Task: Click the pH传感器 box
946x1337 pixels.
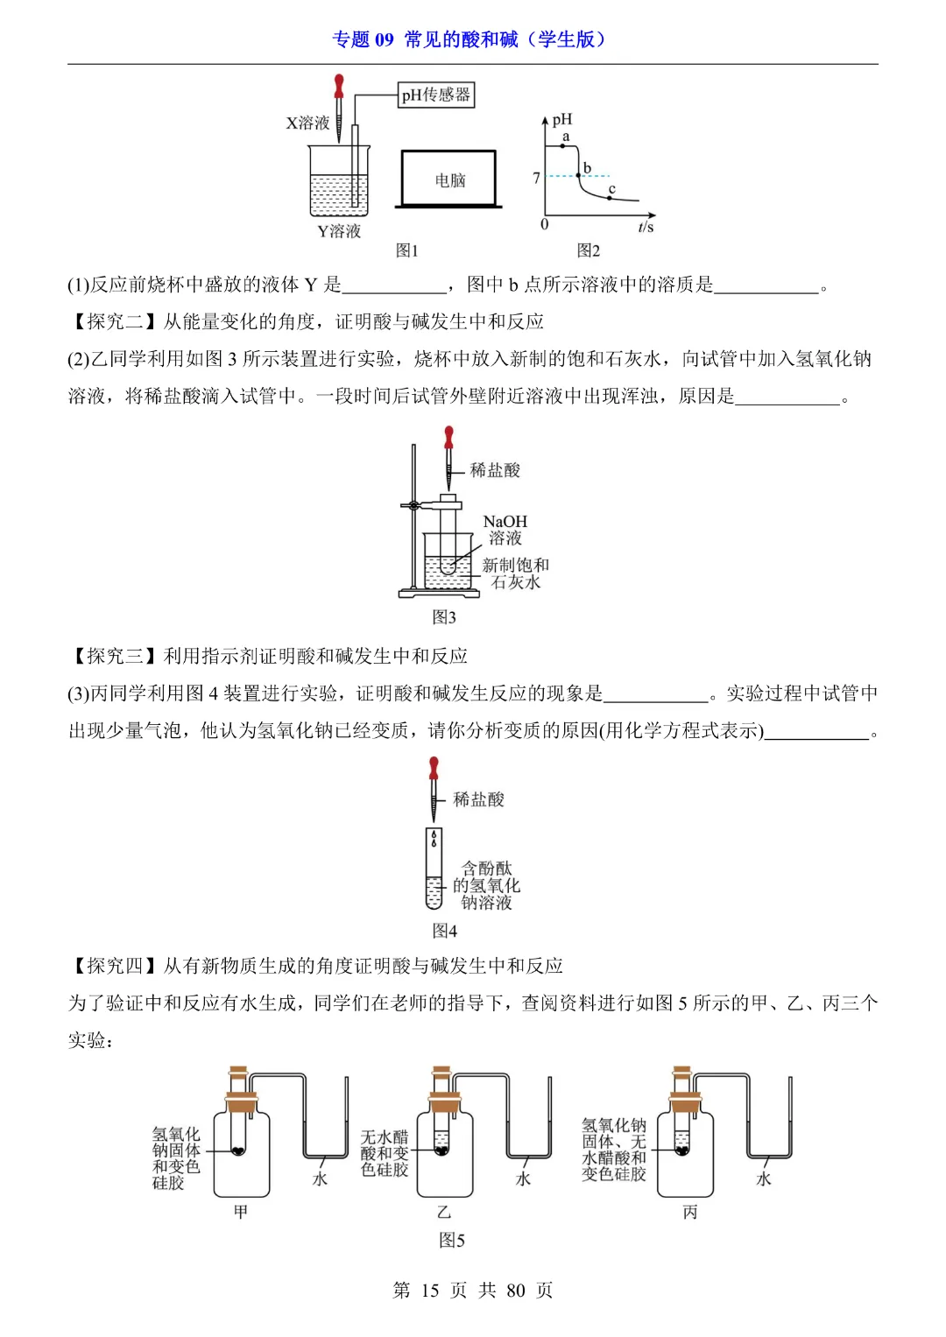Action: coord(435,95)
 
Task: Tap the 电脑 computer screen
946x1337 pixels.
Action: coord(449,179)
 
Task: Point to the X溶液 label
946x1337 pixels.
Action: coord(307,123)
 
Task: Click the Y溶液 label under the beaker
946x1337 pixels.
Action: coord(339,231)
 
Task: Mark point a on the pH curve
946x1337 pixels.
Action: coord(562,145)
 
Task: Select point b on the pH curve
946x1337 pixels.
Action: coord(579,175)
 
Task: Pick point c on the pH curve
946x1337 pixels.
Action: coord(610,197)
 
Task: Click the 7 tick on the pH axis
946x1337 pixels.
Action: coord(536,178)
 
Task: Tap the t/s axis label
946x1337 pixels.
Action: coord(646,228)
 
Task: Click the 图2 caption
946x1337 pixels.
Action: coord(589,250)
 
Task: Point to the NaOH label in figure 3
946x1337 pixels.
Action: coord(505,521)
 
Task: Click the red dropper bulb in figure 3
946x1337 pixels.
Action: coord(449,435)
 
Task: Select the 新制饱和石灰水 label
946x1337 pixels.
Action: coord(516,574)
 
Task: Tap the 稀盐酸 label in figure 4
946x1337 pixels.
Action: coord(478,799)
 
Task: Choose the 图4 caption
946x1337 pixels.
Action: coord(445,930)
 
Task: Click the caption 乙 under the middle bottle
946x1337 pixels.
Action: coord(444,1212)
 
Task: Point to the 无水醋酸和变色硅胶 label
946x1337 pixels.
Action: coord(385,1153)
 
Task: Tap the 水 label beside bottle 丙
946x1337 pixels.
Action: coord(764,1179)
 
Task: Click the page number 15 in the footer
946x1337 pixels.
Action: coord(430,1291)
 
